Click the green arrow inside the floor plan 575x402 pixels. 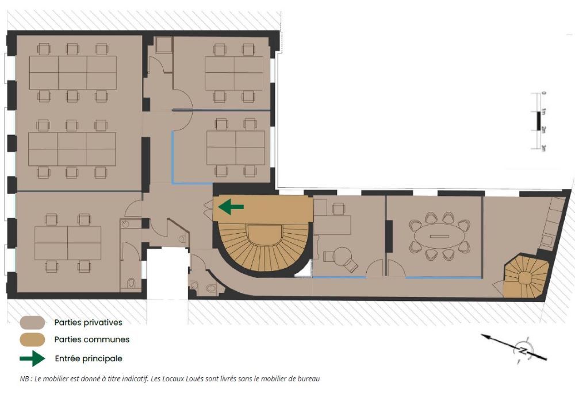(x=231, y=207)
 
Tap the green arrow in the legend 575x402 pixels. (x=33, y=358)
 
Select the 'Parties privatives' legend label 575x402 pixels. (x=89, y=323)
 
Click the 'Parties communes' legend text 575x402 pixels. (x=92, y=340)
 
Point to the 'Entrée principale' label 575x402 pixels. (x=89, y=358)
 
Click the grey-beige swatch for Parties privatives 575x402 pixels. (x=33, y=323)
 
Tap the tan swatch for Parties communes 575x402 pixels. (x=33, y=340)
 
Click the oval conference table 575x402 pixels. (x=439, y=236)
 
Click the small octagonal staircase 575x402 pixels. (x=525, y=277)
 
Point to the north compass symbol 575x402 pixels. (x=522, y=350)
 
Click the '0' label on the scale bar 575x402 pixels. (x=544, y=93)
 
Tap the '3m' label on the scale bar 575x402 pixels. (x=544, y=148)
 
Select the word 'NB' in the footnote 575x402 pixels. (x=25, y=379)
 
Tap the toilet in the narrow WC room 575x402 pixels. (x=131, y=283)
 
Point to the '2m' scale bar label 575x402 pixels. (x=544, y=130)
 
